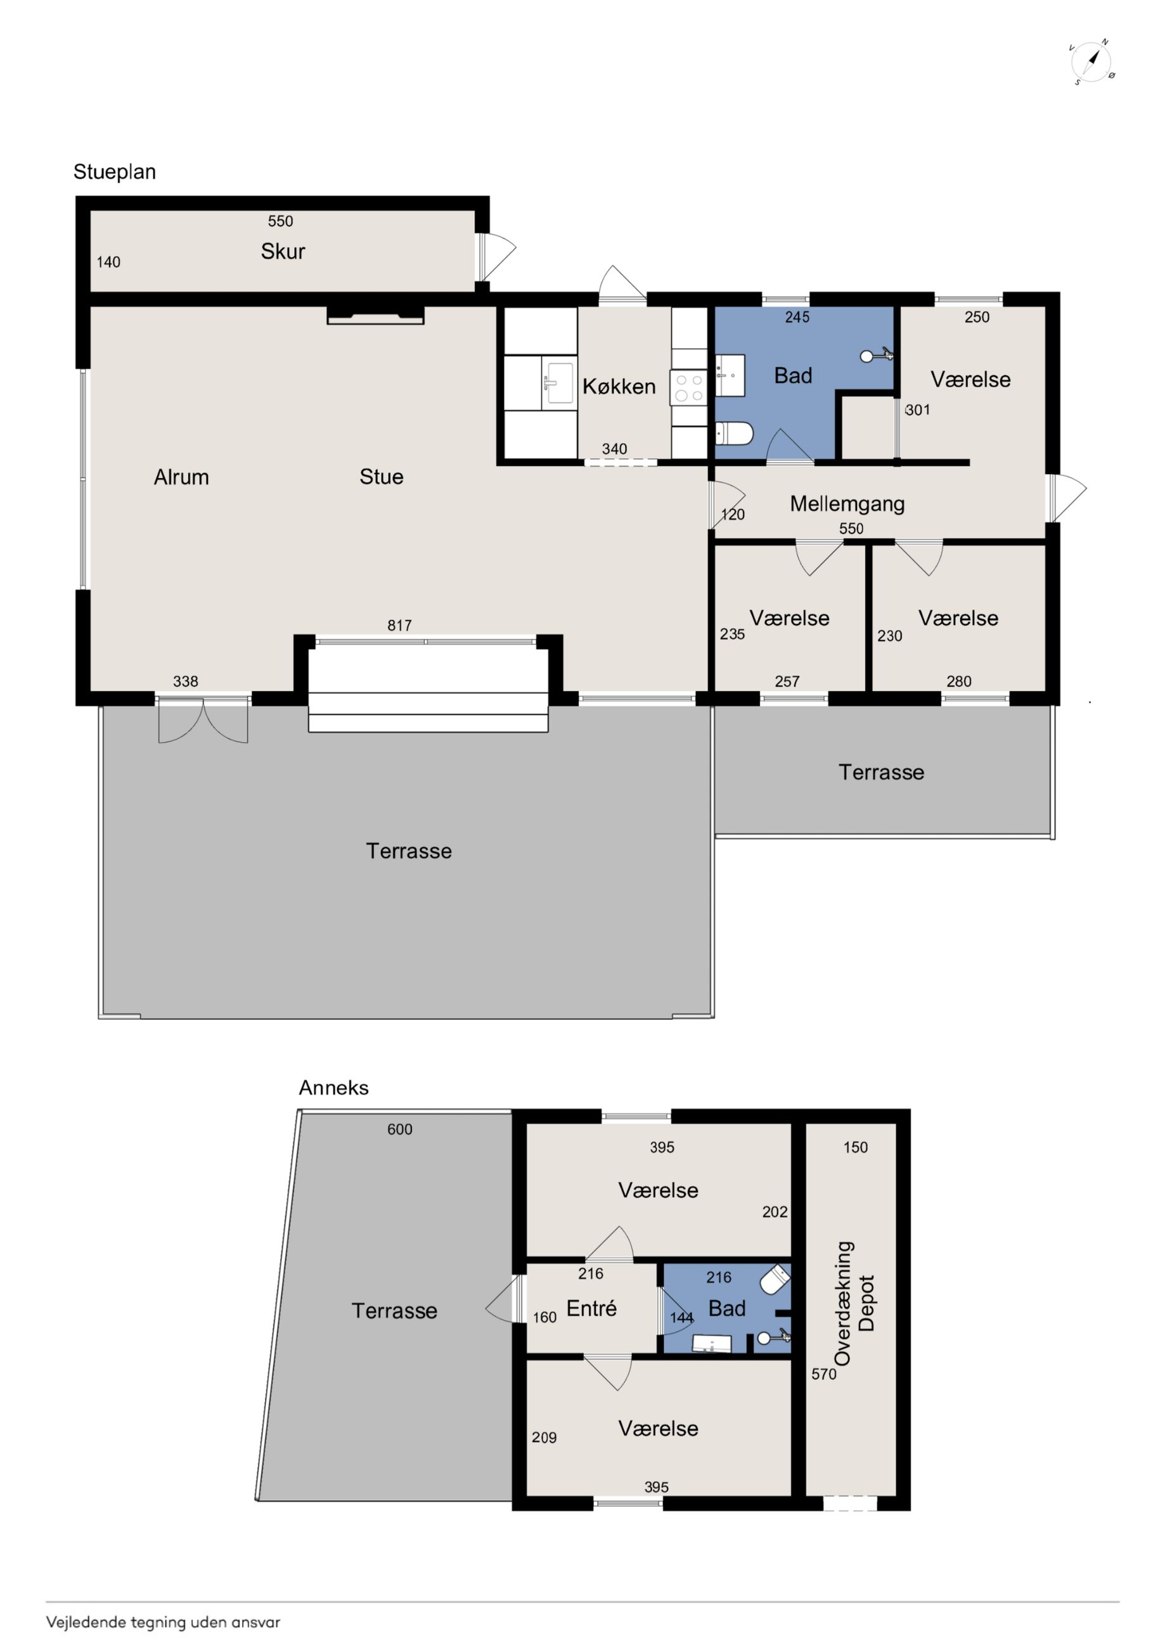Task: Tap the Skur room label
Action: point(283,251)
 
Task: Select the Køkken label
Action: point(619,387)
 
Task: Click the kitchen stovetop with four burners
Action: point(688,387)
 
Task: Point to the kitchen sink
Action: point(559,383)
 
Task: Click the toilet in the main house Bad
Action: point(733,434)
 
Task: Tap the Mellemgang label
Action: point(847,504)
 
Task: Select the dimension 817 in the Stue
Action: point(400,625)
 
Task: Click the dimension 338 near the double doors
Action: point(185,681)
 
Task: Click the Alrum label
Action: point(182,477)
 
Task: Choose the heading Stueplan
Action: point(115,172)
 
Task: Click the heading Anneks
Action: point(334,1088)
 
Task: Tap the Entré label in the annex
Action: point(591,1308)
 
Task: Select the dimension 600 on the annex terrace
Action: point(400,1129)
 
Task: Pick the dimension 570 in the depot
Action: point(824,1374)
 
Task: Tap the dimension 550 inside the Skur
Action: point(281,221)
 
